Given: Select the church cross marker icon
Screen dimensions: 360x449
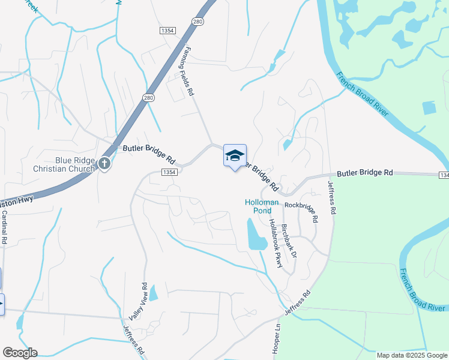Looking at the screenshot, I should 104,163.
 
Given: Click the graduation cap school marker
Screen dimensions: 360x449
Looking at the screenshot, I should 235,156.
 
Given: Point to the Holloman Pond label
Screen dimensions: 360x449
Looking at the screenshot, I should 262,206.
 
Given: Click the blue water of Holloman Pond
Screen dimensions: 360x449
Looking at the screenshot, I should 256,236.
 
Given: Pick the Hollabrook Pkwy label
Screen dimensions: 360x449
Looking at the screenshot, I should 274,242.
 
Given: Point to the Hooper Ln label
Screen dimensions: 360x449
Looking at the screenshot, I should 277,340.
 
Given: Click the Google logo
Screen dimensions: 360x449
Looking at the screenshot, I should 20,353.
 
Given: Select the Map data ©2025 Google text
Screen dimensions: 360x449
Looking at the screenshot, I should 411,355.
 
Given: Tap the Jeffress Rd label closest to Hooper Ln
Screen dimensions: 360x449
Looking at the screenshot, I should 298,304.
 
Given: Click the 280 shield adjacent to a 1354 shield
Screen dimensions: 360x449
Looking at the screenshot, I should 197,22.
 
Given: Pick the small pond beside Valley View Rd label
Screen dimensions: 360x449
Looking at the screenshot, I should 152,293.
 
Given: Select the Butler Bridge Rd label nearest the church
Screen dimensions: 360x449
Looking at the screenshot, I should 149,154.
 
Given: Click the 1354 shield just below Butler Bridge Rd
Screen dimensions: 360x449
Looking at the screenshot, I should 169,172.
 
